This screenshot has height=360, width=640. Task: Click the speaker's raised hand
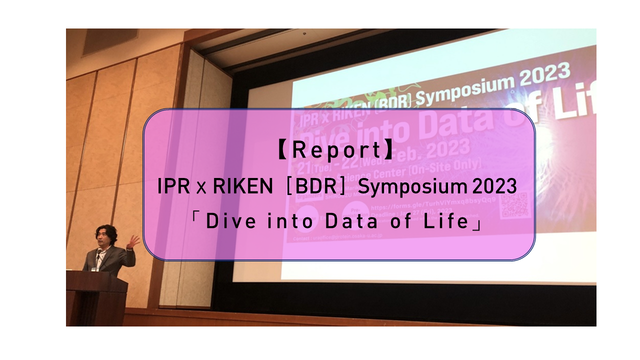tap(133, 241)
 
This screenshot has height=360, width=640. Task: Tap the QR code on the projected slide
tap(515, 205)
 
